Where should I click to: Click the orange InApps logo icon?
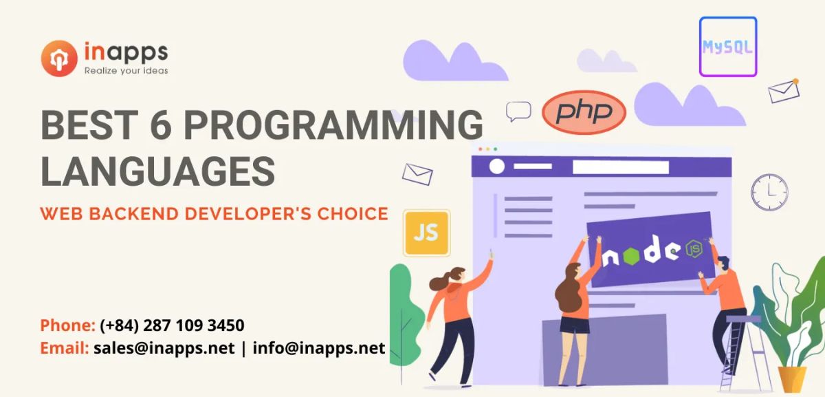(58, 58)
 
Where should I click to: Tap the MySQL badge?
(727, 47)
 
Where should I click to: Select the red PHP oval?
(584, 112)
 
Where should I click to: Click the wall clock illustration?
(769, 191)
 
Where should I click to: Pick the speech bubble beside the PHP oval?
(518, 110)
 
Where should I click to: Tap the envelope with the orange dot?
(784, 91)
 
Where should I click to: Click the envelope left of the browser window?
(417, 173)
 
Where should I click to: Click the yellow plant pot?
(791, 379)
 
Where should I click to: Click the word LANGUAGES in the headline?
(157, 171)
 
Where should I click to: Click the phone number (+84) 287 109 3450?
(172, 325)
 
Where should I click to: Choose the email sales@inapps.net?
(164, 347)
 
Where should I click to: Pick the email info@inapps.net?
(319, 347)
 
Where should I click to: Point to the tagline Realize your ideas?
(126, 70)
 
